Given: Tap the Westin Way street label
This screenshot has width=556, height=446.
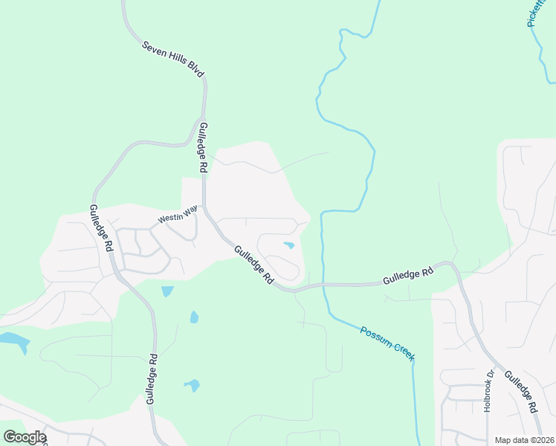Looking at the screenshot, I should point(178,216).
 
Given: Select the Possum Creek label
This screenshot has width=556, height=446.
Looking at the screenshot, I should point(387,344).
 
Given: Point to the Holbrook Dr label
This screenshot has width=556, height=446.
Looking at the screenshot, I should point(488,391).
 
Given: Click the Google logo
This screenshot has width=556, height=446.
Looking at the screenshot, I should point(25,437).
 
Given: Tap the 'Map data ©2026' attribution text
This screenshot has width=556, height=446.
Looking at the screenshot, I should point(524,440).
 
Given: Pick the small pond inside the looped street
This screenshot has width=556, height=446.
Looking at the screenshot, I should point(288,245).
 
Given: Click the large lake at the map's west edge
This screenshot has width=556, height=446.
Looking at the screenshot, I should point(13,342).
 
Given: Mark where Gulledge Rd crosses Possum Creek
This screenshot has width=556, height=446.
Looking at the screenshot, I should point(323,284).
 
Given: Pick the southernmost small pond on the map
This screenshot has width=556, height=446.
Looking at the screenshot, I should point(193,385).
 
